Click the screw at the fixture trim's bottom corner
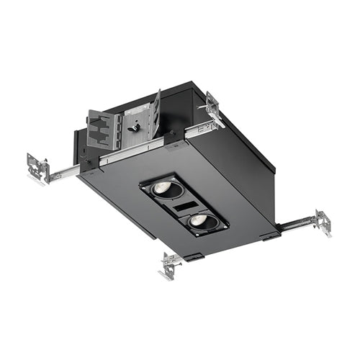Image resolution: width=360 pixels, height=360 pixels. click(192, 236)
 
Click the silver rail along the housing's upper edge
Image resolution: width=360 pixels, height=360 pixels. click(144, 148)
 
